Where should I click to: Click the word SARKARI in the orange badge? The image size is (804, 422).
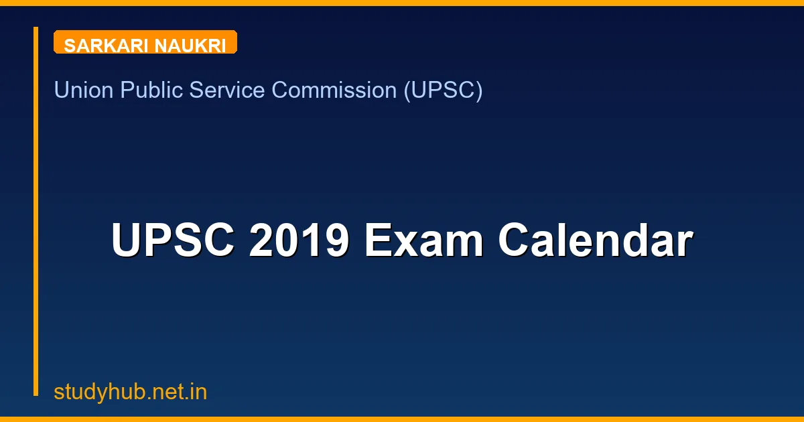(106, 46)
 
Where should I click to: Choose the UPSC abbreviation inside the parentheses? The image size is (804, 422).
(442, 90)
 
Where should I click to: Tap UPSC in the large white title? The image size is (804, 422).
(173, 240)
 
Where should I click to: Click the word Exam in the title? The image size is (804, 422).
(423, 240)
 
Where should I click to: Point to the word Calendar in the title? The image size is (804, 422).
(595, 240)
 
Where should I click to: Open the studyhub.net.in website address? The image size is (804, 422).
(131, 392)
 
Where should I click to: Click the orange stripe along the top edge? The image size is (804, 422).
(402, 3)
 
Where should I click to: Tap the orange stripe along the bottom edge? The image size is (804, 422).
(402, 419)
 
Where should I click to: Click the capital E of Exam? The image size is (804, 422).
(378, 240)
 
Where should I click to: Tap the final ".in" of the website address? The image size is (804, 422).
(196, 392)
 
